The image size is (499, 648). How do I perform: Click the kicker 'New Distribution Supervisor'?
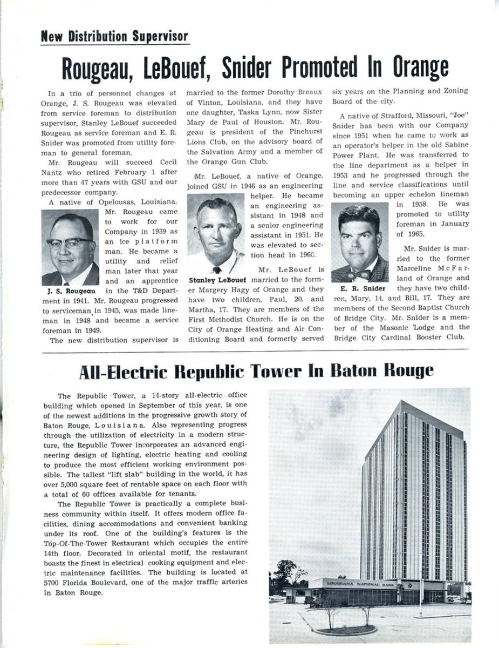click(x=114, y=37)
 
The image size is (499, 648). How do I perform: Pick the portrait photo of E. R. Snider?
click(x=359, y=242)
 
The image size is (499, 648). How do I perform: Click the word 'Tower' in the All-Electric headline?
click(x=285, y=371)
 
